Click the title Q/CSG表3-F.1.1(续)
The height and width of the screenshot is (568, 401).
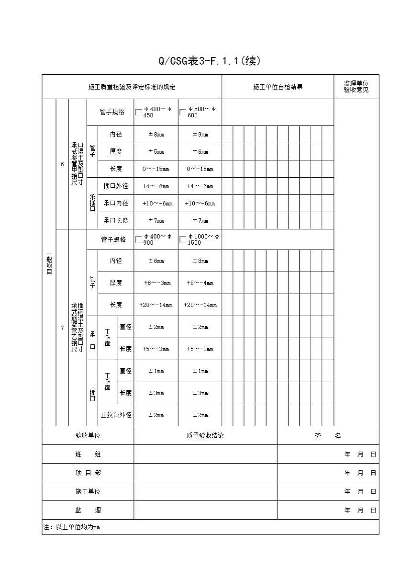pyautogui.click(x=210, y=61)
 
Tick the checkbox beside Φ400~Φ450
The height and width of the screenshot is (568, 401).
pyautogui.click(x=139, y=113)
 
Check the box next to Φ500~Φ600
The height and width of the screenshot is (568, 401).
pyautogui.click(x=183, y=113)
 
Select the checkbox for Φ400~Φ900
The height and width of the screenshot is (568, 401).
pyautogui.click(x=139, y=239)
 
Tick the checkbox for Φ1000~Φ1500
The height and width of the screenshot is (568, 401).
pyautogui.click(x=183, y=239)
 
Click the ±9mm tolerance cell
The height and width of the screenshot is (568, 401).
pyautogui.click(x=200, y=135)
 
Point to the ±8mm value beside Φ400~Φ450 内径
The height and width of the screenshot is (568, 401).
pyautogui.click(x=156, y=135)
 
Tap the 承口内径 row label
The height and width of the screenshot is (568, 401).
pyautogui.click(x=116, y=203)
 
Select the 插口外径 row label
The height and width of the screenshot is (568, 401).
pyautogui.click(x=116, y=186)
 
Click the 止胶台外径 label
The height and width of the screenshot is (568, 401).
pyautogui.click(x=116, y=415)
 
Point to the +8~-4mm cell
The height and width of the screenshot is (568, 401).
pyautogui.click(x=200, y=283)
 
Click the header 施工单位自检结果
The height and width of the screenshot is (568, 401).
pyautogui.click(x=278, y=87)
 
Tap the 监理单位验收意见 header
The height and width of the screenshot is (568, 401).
pyautogui.click(x=356, y=87)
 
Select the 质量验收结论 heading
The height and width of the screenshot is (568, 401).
pyautogui.click(x=205, y=436)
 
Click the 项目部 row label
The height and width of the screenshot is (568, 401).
pyautogui.click(x=88, y=473)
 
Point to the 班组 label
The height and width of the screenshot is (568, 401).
pyautogui.click(x=88, y=454)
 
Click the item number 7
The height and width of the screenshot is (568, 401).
pyautogui.click(x=62, y=328)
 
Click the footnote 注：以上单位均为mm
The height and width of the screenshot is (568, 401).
pyautogui.click(x=72, y=527)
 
